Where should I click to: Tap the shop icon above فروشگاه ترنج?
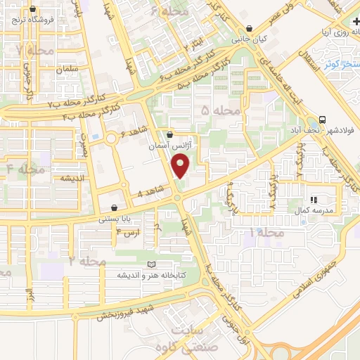32,9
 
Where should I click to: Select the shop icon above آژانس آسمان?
169,134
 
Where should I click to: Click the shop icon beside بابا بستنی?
114,207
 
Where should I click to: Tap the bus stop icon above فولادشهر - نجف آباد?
322,120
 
